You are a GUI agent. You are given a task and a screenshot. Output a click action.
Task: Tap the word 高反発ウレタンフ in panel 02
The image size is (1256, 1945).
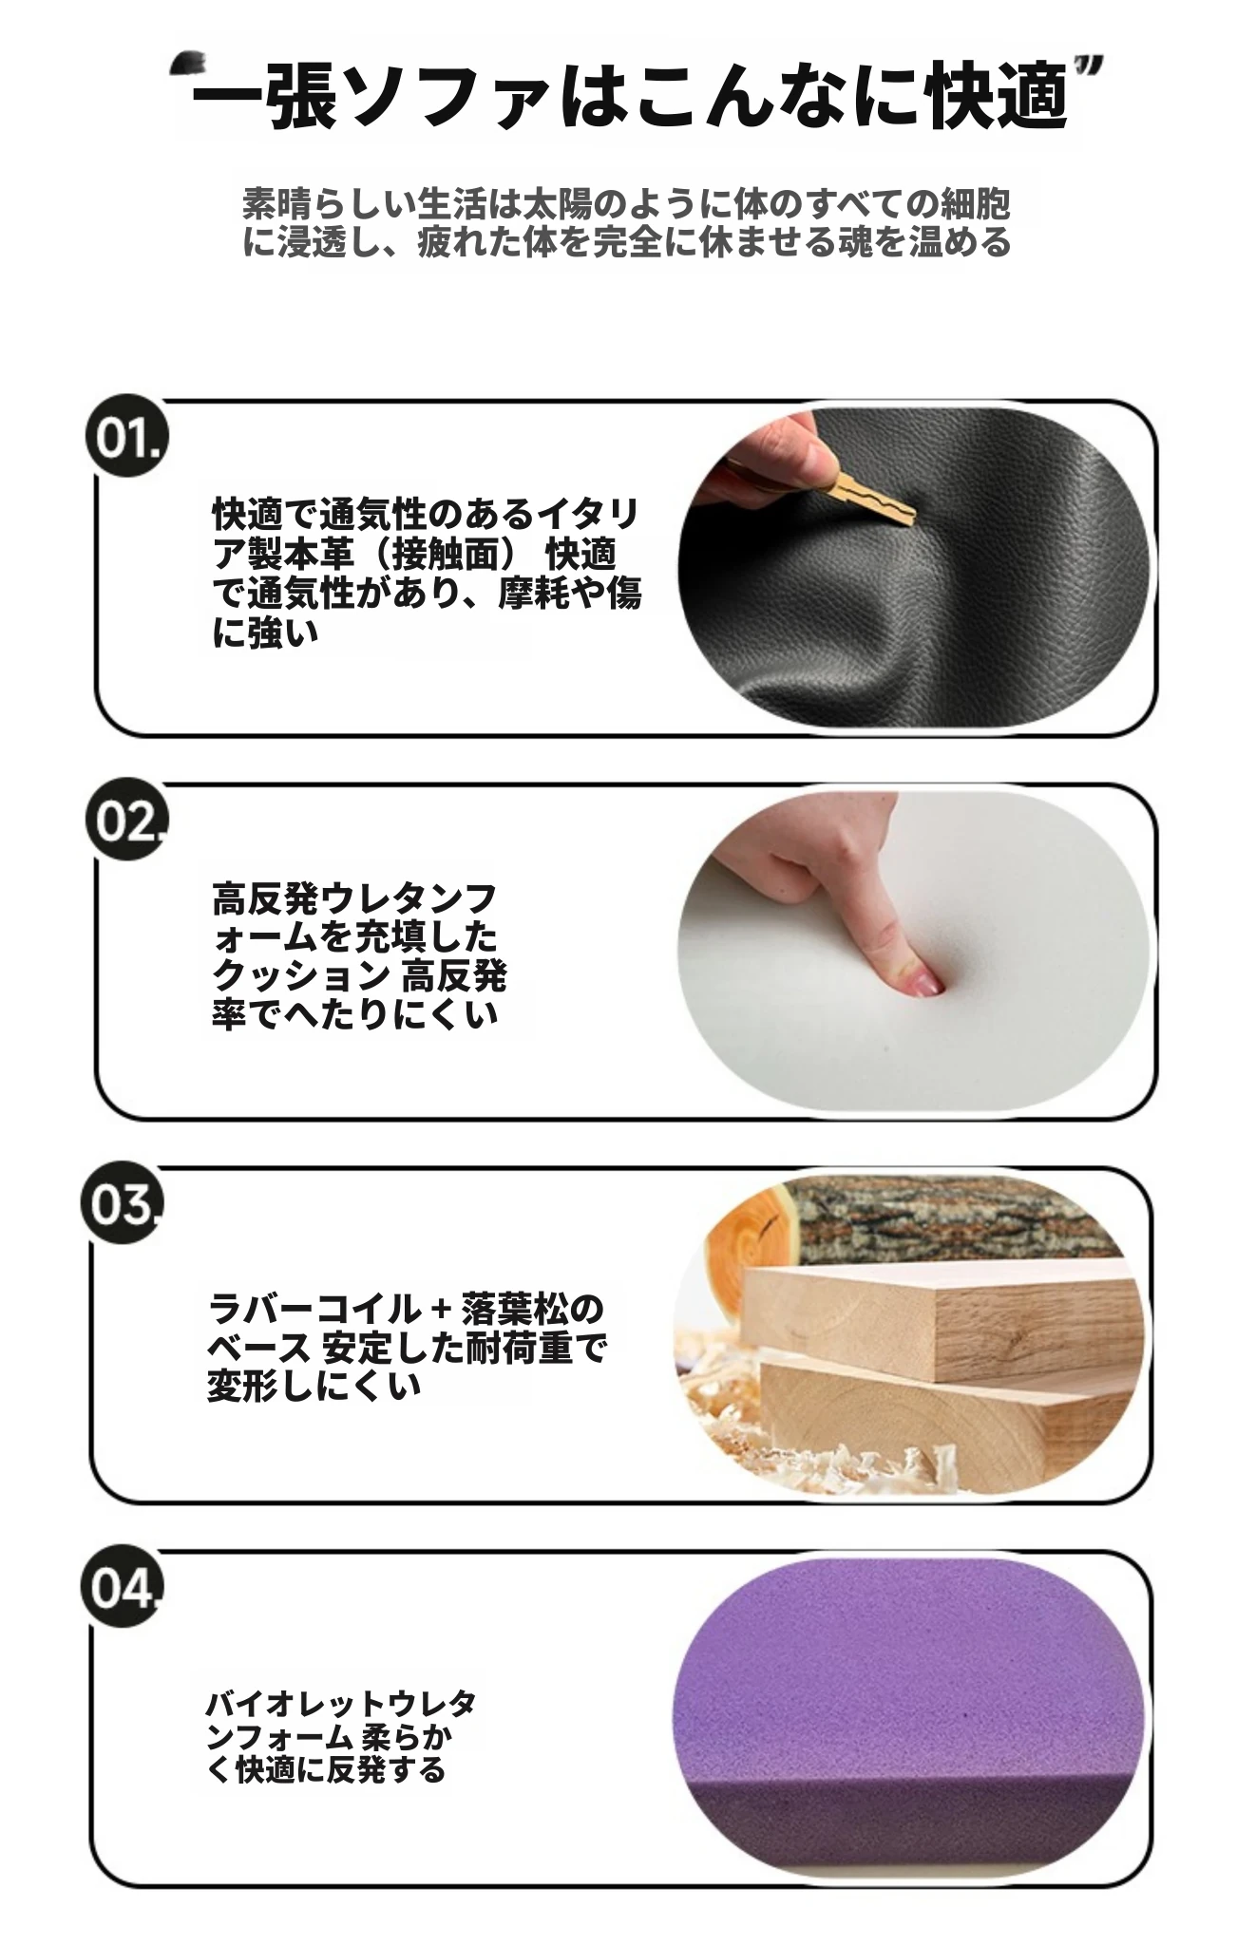click(x=354, y=897)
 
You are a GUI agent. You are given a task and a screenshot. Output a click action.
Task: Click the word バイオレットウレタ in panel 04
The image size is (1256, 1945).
click(x=341, y=1704)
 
